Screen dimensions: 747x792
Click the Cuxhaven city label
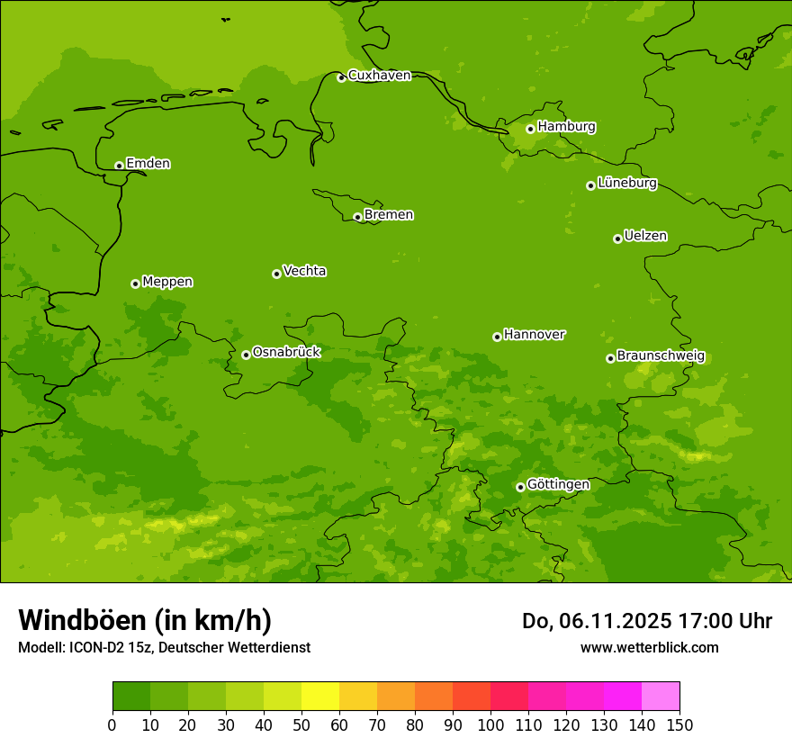(379, 76)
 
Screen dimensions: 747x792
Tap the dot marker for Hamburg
(530, 129)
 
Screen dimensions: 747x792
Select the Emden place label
(148, 164)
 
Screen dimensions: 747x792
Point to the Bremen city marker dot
(357, 217)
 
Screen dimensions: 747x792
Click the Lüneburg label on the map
(626, 184)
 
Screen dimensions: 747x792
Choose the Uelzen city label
(645, 237)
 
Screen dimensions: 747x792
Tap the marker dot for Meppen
(135, 283)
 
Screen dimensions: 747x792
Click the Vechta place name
(304, 271)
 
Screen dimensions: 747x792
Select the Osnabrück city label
(286, 353)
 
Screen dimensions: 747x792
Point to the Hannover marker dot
(497, 337)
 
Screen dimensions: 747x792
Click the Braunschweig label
(661, 356)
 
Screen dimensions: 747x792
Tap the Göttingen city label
(558, 485)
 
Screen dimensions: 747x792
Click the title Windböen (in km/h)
(145, 620)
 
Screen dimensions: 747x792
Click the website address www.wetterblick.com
(649, 647)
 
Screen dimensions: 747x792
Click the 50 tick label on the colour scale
(301, 724)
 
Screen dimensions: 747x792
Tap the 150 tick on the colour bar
(679, 724)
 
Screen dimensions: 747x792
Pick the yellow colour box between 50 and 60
(320, 697)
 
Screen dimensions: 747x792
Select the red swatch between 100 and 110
(509, 697)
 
